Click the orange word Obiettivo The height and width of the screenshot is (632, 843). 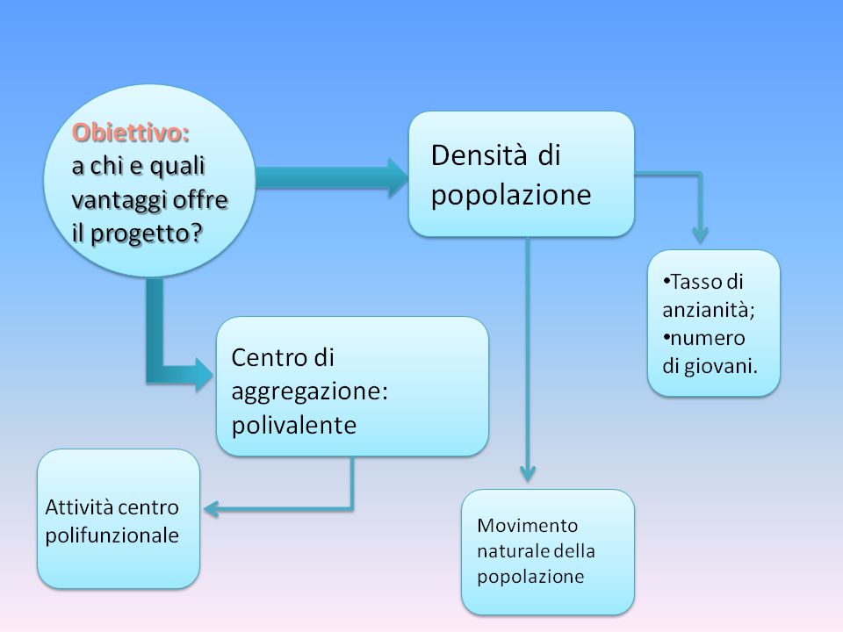(131, 133)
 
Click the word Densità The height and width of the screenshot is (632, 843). (479, 155)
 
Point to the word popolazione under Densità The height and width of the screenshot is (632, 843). (511, 196)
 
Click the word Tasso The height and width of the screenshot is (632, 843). (696, 282)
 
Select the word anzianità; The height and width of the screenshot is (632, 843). (709, 310)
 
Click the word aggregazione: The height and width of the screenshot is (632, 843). (310, 392)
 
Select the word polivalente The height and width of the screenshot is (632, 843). (294, 426)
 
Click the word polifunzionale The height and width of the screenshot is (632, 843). (112, 535)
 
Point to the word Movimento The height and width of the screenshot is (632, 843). (528, 526)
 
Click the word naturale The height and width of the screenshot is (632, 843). (513, 551)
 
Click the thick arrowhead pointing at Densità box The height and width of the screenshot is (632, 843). (399, 177)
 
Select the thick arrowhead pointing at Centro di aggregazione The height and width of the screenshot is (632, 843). (205, 374)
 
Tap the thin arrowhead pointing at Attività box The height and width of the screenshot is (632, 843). (211, 509)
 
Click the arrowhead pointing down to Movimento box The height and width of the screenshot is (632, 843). (528, 473)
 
